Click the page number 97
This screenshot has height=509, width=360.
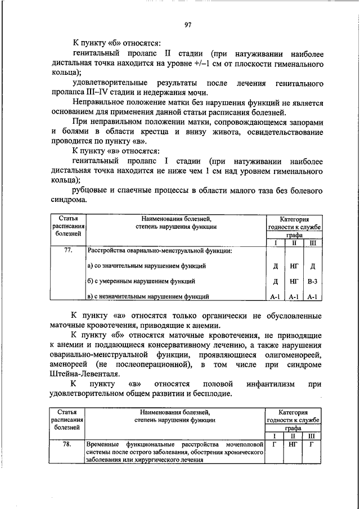coord(188,24)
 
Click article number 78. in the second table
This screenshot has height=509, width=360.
coord(67,444)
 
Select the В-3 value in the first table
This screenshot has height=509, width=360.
coord(312,280)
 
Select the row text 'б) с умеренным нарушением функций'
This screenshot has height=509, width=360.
coord(141,280)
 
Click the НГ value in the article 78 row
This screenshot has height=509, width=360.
coord(293,444)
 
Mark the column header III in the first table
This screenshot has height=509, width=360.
coord(312,242)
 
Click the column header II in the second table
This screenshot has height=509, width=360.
coord(293,436)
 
